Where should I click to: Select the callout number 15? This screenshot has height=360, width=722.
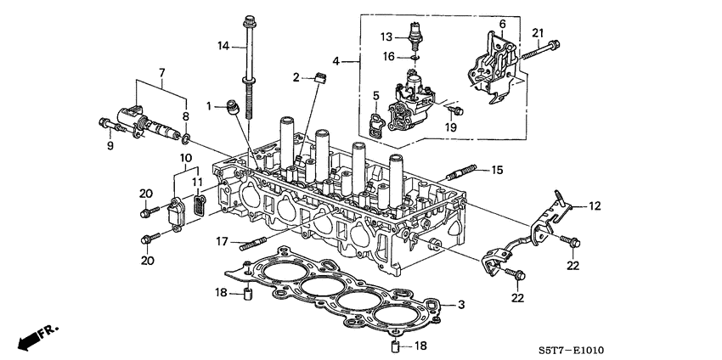point(497,170)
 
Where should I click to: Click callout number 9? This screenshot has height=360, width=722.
point(110,144)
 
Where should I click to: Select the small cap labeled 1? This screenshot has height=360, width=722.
point(232,108)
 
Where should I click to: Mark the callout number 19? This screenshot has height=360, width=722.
point(451,127)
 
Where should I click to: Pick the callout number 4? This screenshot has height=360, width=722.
point(337,61)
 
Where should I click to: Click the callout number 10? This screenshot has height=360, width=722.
point(184,158)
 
